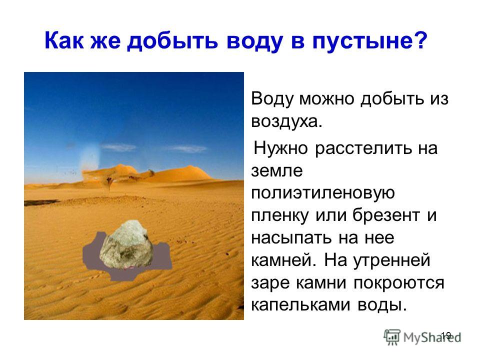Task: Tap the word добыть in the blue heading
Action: tap(172, 40)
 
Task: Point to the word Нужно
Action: tap(280, 148)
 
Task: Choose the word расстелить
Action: tap(363, 148)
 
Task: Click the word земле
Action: tap(276, 170)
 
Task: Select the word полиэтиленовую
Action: tap(322, 193)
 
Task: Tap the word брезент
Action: tap(386, 215)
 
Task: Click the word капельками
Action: tap(300, 305)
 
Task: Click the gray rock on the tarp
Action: tap(126, 244)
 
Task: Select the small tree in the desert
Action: tap(109, 183)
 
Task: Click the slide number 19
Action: tap(446, 335)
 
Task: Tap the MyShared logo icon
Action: tap(392, 337)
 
